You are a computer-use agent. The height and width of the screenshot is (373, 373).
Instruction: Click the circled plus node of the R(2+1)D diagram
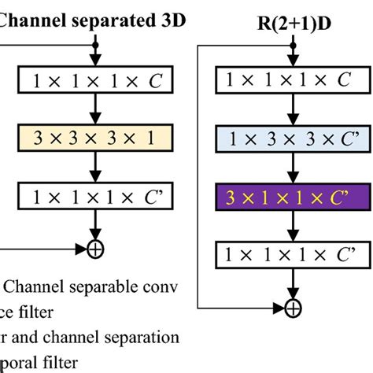293,306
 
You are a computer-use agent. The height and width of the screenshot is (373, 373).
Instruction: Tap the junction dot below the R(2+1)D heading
293,46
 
